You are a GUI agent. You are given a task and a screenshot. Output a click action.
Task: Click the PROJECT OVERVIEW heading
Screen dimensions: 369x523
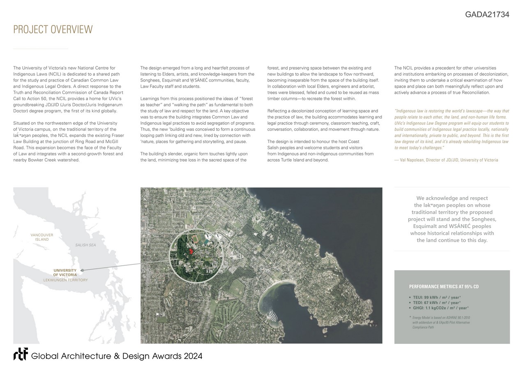[53, 30]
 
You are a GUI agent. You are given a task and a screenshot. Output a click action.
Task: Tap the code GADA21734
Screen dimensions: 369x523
[487, 15]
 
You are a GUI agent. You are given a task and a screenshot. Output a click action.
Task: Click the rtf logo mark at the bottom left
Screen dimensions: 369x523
[21, 354]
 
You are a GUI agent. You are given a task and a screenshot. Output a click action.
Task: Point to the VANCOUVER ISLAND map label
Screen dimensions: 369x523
[42, 237]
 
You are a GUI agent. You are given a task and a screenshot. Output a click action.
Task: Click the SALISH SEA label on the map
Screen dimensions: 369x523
[85, 245]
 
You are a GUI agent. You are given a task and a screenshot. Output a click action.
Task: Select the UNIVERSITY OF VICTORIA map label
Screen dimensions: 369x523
[65, 272]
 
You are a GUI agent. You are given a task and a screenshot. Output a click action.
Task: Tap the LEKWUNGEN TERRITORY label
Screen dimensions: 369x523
[66, 280]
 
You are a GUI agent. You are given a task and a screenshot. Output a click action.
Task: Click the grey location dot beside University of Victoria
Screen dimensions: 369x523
[83, 270]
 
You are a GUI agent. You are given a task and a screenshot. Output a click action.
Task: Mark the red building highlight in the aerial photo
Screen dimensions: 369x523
[191, 251]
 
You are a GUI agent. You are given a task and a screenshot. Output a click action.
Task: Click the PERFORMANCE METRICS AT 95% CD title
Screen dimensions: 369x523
[444, 287]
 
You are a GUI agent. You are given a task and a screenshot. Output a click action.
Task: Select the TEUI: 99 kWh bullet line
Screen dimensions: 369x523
[437, 297]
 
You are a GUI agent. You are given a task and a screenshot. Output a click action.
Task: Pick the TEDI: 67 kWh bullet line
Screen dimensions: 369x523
[437, 303]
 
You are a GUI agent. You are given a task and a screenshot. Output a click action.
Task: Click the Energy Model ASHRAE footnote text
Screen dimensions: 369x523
[441, 322]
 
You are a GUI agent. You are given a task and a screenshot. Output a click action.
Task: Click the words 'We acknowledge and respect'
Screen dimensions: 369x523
[452, 198]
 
